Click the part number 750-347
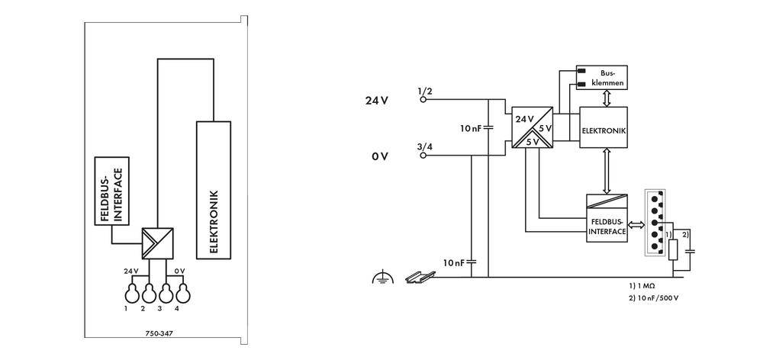click(x=159, y=333)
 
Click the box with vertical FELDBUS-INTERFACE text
click(x=112, y=191)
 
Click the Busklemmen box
click(x=603, y=77)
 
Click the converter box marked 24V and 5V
click(x=532, y=127)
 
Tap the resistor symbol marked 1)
click(x=673, y=249)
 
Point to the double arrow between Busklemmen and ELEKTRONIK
click(x=604, y=98)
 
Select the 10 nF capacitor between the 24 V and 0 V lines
click(x=488, y=127)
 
